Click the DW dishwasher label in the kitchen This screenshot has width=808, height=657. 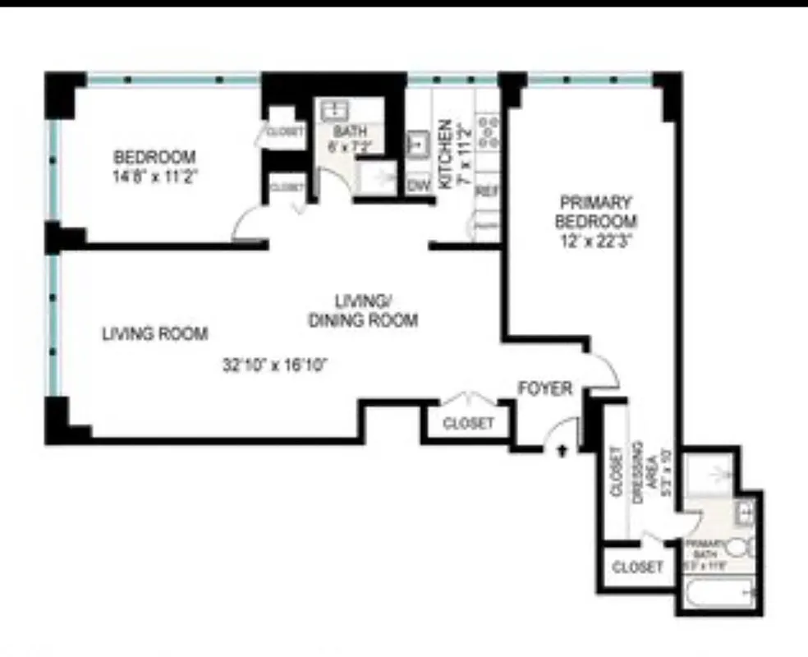pyautogui.click(x=420, y=185)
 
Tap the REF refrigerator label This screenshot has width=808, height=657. pyautogui.click(x=488, y=191)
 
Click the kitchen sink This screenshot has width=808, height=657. pyautogui.click(x=419, y=143)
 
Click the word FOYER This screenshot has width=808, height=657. pyautogui.click(x=544, y=388)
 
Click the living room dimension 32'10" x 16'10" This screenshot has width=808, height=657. pyautogui.click(x=275, y=365)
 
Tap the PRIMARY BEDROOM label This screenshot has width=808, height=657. pyautogui.click(x=596, y=211)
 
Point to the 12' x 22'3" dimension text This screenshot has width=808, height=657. pyautogui.click(x=596, y=241)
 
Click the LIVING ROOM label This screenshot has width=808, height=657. pyautogui.click(x=154, y=334)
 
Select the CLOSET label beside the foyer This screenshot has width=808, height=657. pyautogui.click(x=468, y=424)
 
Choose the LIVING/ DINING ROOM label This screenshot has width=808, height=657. pyautogui.click(x=362, y=310)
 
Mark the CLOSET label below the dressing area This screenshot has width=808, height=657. pyautogui.click(x=637, y=567)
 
